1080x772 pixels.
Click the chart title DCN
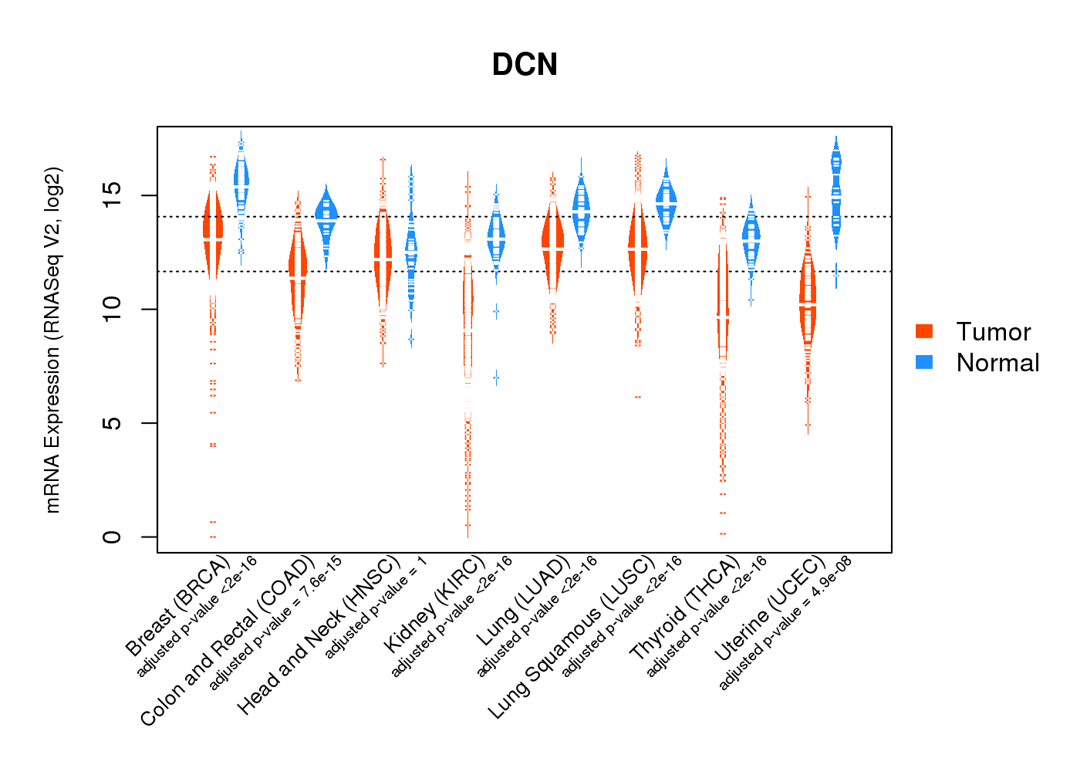click(x=525, y=65)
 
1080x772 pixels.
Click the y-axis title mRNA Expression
click(x=52, y=340)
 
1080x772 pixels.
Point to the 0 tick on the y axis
click(x=112, y=537)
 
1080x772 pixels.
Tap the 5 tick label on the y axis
click(x=112, y=423)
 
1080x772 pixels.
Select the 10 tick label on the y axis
click(x=112, y=309)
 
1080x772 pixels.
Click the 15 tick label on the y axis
click(x=112, y=195)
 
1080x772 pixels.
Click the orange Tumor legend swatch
click(x=924, y=331)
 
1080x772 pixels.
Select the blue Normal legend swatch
click(x=924, y=362)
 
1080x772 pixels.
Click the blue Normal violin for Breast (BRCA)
click(x=241, y=181)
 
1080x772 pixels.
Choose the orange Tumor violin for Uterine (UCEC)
click(x=808, y=301)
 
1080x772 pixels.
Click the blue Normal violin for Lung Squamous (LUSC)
click(x=667, y=202)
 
